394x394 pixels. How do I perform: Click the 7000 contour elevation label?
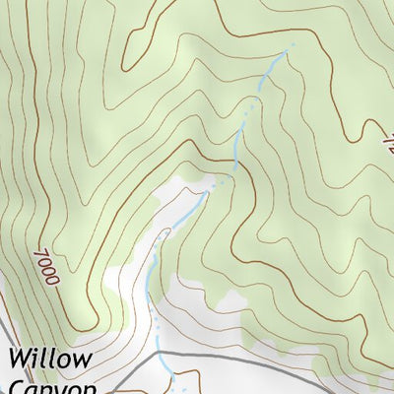click(46, 266)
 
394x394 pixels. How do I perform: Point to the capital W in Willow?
click(23, 357)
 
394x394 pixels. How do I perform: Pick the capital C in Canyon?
click(16, 387)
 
